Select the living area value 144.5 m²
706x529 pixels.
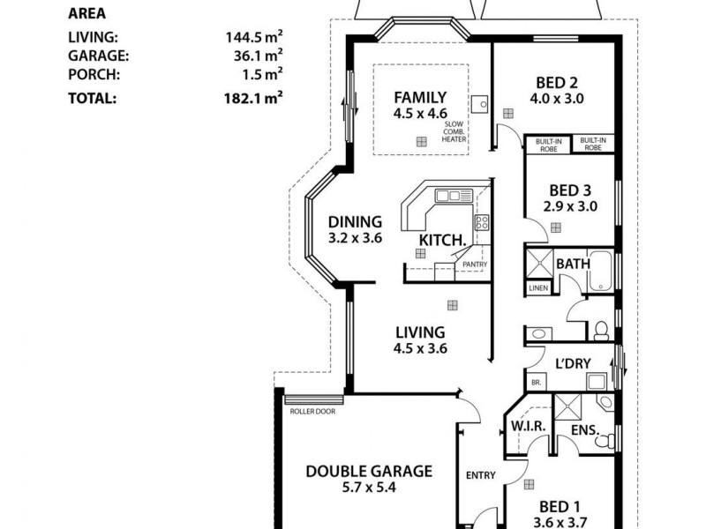point(253,38)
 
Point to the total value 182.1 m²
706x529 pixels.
point(253,98)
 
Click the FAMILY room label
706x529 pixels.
point(420,98)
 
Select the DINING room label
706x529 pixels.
point(354,222)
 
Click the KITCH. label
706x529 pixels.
point(442,240)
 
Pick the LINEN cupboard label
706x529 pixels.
point(538,288)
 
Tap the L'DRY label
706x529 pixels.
point(572,363)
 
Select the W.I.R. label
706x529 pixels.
point(530,426)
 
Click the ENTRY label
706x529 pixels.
point(480,475)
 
